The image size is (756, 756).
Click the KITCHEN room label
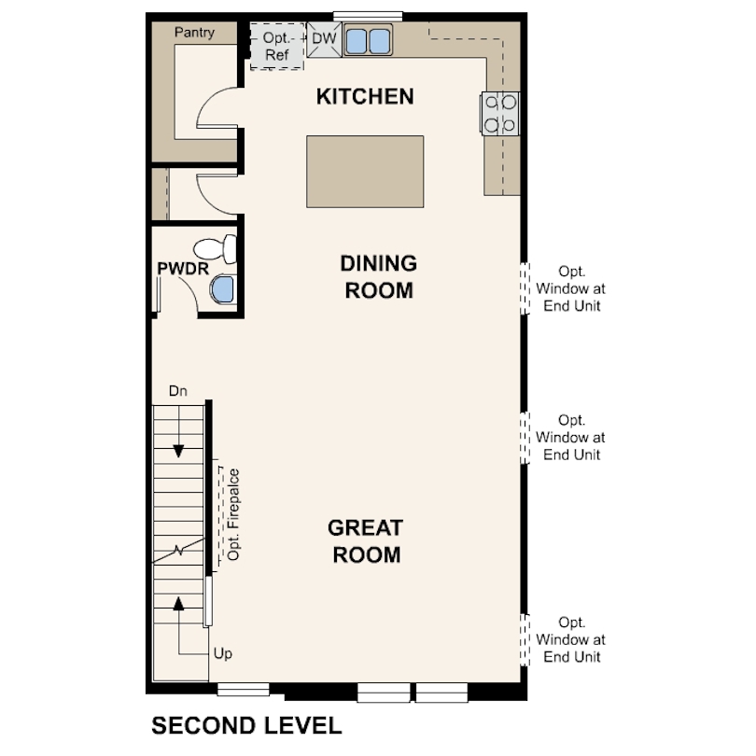[364, 96]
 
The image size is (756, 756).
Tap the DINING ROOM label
[378, 276]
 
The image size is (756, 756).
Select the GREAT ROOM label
[364, 540]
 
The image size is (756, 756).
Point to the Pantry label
[194, 33]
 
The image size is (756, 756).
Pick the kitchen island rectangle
[365, 172]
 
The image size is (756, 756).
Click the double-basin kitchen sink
[368, 41]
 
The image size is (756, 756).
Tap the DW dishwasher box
[323, 39]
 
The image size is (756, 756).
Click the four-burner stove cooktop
[499, 113]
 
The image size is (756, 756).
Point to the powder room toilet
[215, 250]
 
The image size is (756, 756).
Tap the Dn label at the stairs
[178, 391]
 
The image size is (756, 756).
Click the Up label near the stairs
[222, 653]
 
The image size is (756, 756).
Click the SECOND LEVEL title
[246, 725]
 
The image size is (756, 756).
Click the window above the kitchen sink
[368, 15]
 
